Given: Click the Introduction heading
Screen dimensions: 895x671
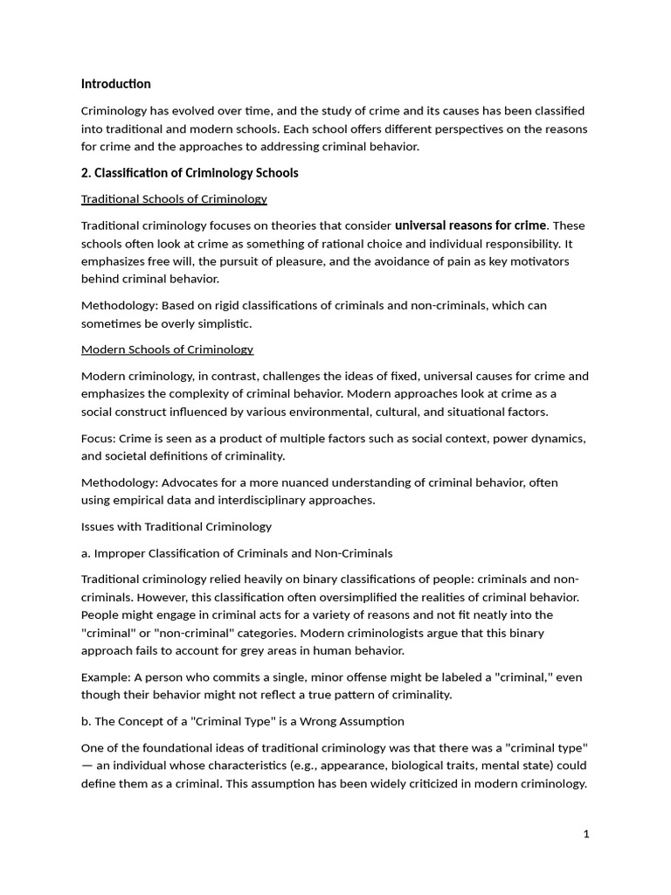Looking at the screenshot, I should coord(115,84).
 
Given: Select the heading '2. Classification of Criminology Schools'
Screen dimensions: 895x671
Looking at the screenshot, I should coord(190,173).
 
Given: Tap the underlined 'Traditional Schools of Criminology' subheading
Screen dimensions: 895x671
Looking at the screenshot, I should coord(174,199).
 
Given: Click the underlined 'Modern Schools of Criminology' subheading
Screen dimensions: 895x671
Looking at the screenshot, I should coord(167,350).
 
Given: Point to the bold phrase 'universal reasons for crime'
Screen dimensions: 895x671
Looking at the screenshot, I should coord(470,225).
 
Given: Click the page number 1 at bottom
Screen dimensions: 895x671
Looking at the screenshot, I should coord(586,834).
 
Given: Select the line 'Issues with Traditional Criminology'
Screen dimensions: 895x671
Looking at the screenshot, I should coord(176,527).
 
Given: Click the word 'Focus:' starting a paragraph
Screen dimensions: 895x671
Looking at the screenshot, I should coord(99,438).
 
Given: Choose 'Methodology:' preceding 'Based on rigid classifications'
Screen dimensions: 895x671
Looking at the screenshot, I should coord(116,305).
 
